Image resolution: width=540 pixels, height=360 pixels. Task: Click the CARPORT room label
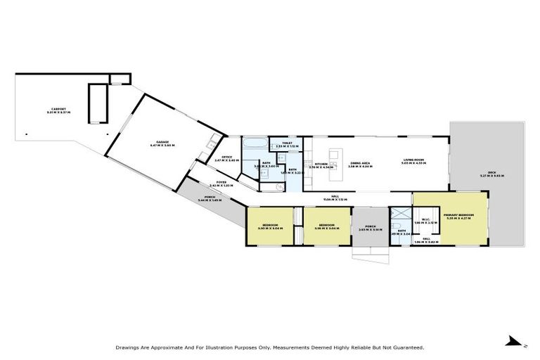(58, 109)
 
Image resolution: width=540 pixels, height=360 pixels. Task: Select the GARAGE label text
(162, 143)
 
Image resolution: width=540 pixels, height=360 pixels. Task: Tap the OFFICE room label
(227, 157)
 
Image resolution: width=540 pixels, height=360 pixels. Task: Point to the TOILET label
(287, 143)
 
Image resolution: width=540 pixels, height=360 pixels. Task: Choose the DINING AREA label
(361, 162)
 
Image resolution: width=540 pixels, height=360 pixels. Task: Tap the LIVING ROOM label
(412, 161)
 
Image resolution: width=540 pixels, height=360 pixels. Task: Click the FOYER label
(221, 182)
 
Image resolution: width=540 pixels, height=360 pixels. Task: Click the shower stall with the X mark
(399, 214)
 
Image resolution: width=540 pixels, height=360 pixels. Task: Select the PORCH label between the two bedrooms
(369, 226)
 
